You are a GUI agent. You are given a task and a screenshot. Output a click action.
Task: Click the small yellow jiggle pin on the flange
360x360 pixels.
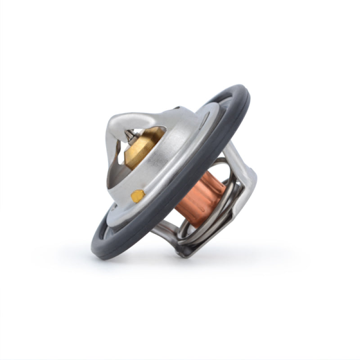tap(138, 195)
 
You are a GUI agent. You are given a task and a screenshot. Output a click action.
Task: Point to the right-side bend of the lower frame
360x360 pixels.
tap(250, 187)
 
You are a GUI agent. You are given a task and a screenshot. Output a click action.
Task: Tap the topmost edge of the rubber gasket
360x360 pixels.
tap(236, 86)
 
